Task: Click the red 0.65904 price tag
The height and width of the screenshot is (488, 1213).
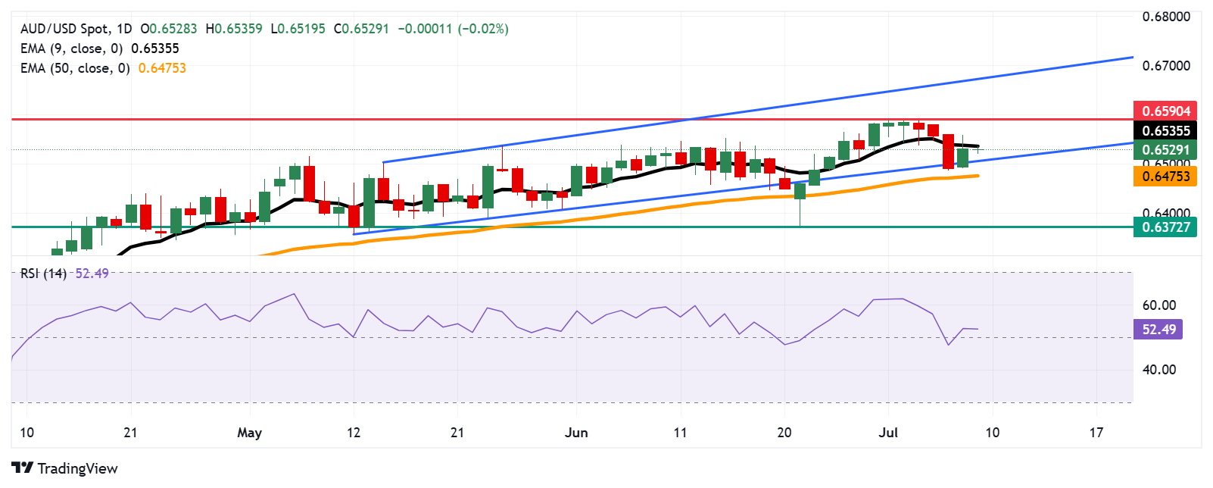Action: coord(1165,111)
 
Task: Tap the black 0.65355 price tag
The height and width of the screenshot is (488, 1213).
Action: coord(1165,131)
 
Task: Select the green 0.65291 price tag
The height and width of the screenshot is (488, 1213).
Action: coord(1165,150)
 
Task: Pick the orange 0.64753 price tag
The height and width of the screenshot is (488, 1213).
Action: coord(1165,177)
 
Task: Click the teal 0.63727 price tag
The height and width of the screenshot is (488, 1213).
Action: coord(1165,227)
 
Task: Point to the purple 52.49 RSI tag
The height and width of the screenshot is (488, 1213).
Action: coord(1158,329)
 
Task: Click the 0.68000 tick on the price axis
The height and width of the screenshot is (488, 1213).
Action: coord(1166,17)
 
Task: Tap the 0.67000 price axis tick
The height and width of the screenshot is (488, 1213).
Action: coord(1166,66)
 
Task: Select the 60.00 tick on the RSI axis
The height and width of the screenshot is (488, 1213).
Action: coord(1158,305)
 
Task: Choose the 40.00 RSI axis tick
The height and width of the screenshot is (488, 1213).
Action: coord(1158,370)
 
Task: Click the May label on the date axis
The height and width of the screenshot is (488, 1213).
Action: coord(249,433)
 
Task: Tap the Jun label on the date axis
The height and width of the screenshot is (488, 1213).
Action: coord(576,433)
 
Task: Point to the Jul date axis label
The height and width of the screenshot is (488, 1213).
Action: coord(887,433)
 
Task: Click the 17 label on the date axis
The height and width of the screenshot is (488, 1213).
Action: coord(1096,433)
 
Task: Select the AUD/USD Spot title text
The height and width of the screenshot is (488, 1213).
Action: coord(64,29)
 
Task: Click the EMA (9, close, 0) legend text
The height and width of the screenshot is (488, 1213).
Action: coord(71,48)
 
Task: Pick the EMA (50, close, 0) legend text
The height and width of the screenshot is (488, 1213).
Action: coord(75,68)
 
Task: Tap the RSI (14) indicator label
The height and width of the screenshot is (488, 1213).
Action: coord(43,274)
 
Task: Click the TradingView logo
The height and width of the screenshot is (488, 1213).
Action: coord(65,468)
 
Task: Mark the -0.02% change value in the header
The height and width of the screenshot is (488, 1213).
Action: coord(483,29)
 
